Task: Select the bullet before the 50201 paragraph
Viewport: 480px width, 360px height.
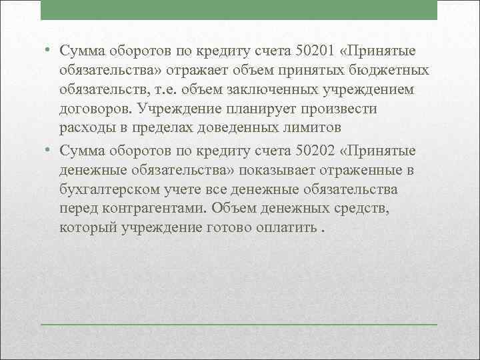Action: pyautogui.click(x=49, y=51)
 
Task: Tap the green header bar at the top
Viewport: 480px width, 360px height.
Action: pyautogui.click(x=239, y=10)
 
